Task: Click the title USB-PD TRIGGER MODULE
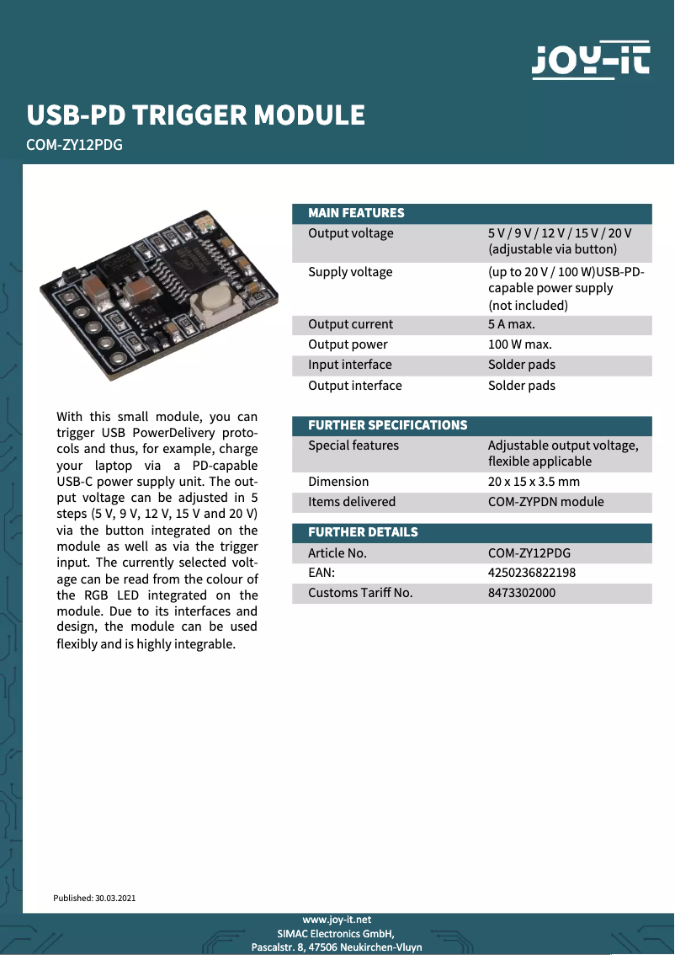(196, 115)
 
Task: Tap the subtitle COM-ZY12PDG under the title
(75, 145)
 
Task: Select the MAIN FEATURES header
(356, 213)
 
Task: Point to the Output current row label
(350, 324)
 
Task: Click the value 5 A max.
(512, 324)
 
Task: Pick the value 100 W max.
(520, 344)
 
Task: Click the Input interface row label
(349, 365)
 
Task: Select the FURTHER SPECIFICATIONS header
(387, 425)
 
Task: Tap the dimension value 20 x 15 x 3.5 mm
(534, 482)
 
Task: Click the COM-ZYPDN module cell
(545, 502)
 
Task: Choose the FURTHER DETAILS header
(363, 532)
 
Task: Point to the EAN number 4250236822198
(532, 573)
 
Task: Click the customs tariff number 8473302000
(522, 593)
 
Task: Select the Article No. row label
(337, 553)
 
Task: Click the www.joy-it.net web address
(337, 920)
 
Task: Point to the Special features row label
(353, 445)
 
